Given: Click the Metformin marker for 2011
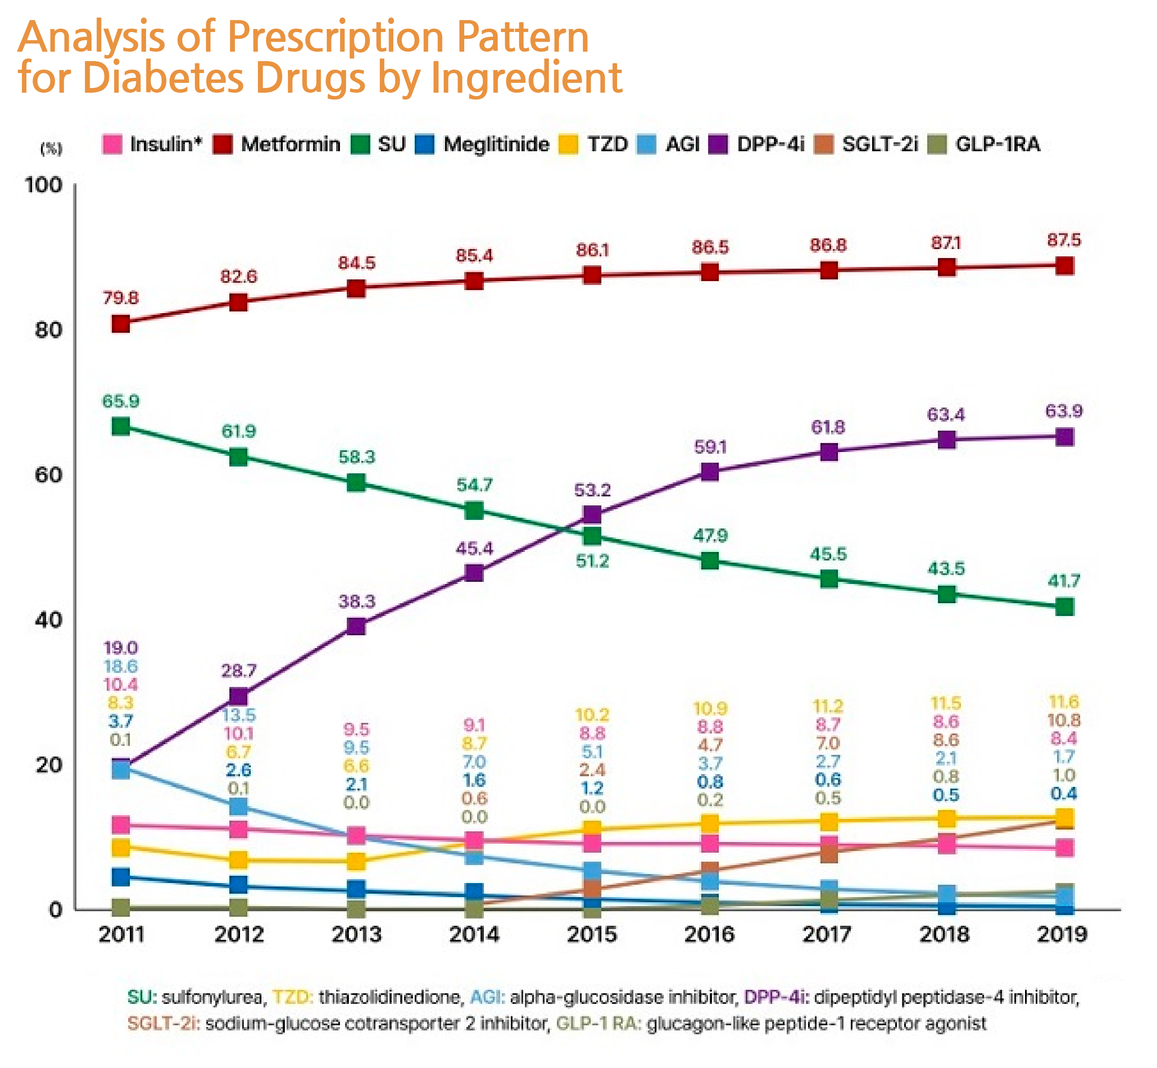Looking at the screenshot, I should [x=121, y=324].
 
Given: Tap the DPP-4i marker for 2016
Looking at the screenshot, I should [x=710, y=472].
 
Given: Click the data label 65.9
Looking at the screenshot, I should [x=121, y=401].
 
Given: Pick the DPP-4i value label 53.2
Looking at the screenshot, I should [x=592, y=490].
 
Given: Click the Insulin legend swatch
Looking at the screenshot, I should [x=112, y=144].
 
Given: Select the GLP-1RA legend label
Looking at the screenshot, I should [x=998, y=144].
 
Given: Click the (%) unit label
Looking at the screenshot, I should [x=51, y=149].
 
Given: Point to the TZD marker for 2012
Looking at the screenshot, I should [x=239, y=860].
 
